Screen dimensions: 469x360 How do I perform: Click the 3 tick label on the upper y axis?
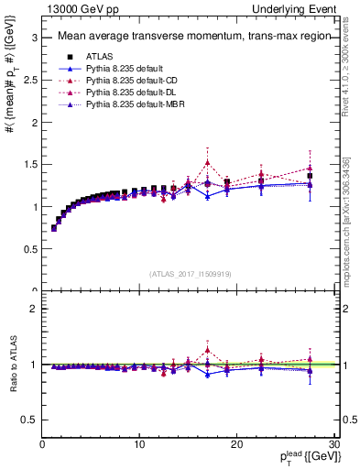(x=33, y=38)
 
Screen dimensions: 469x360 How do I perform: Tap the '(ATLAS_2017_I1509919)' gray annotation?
(x=190, y=273)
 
